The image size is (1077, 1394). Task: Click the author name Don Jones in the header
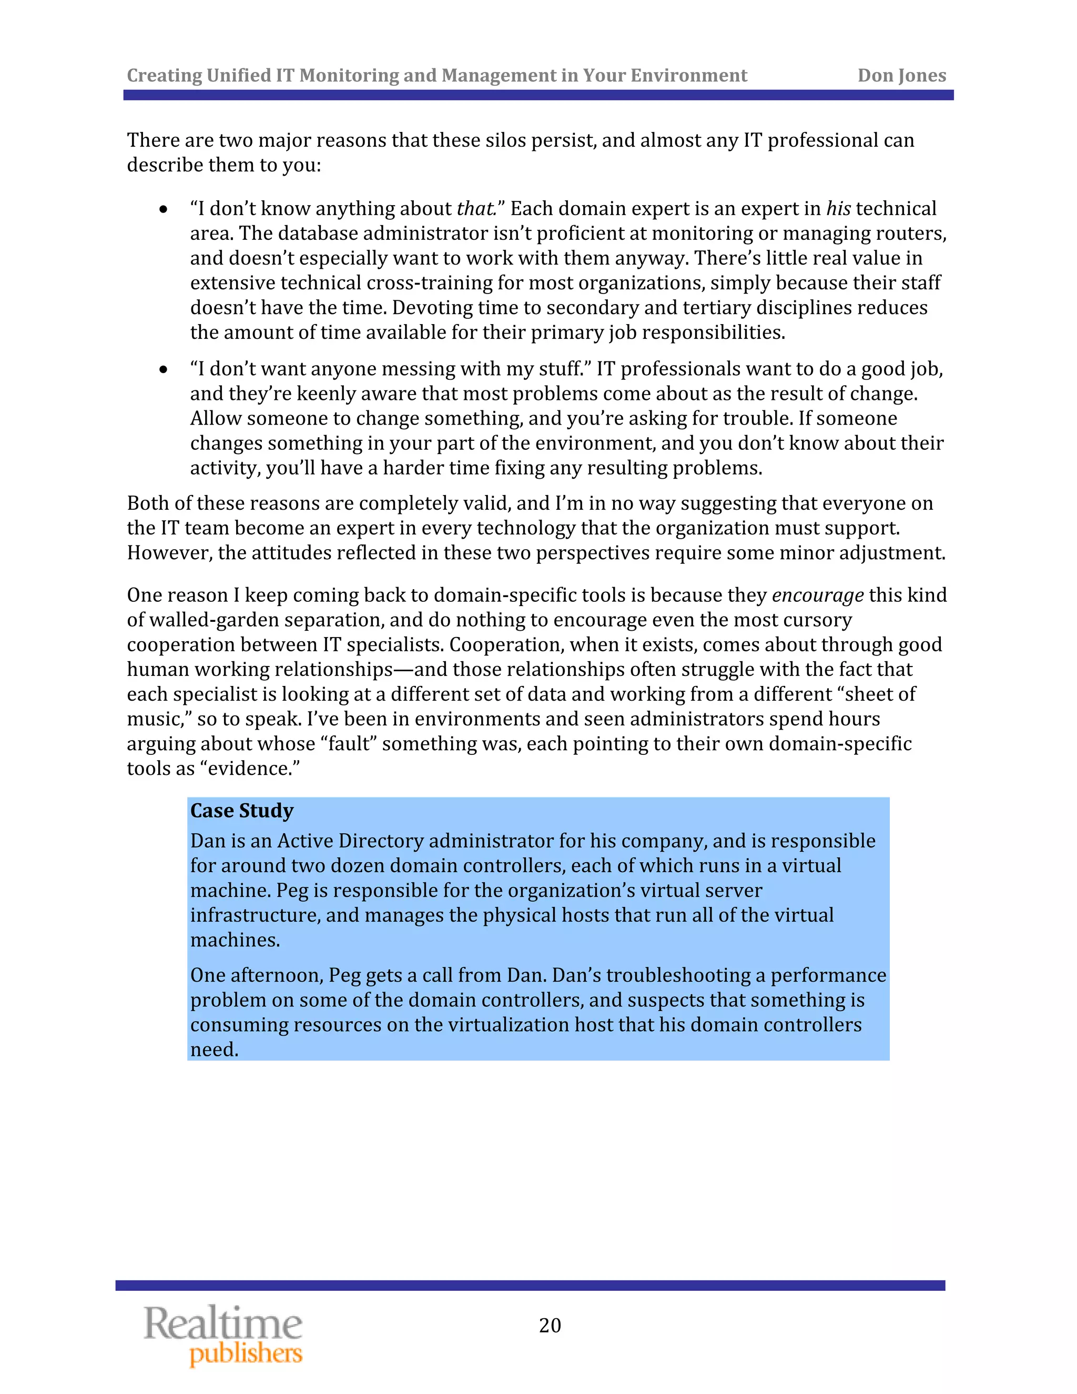click(901, 75)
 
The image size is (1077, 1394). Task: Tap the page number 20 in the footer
click(550, 1325)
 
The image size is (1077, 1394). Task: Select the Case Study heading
click(242, 811)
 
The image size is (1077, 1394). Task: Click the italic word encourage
click(817, 595)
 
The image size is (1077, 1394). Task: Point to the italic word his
click(838, 209)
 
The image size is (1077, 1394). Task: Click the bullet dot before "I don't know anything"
click(164, 209)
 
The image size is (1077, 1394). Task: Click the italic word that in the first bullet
click(475, 209)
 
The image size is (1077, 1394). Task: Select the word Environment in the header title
click(688, 75)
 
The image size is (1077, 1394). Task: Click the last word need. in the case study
click(215, 1049)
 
